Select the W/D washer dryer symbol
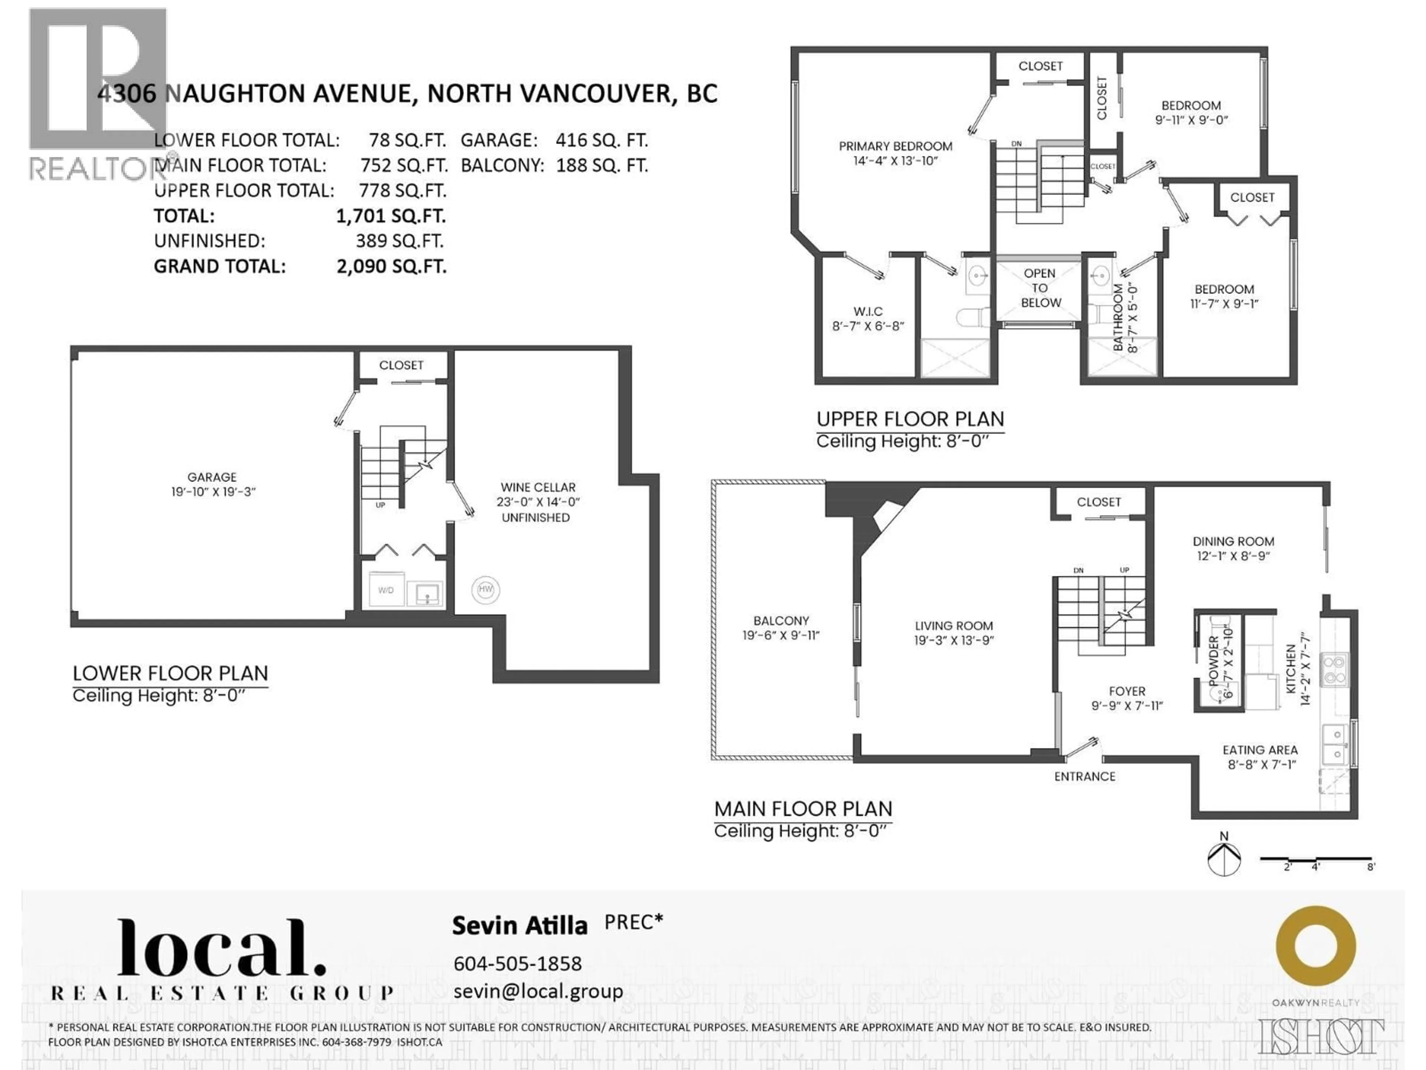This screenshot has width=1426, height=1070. [386, 590]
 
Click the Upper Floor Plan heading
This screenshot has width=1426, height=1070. [909, 419]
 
